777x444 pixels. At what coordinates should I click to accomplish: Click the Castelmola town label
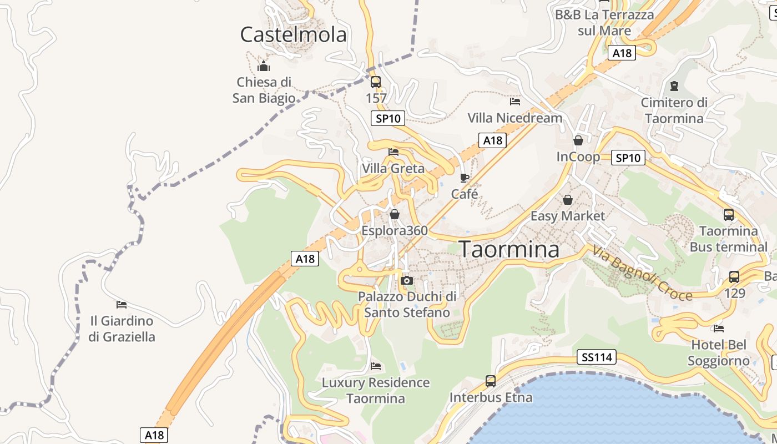(293, 35)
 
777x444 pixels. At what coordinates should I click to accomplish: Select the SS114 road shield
(597, 357)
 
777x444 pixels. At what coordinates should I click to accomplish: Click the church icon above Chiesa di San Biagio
(263, 67)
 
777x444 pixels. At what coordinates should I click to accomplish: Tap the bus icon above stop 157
(376, 82)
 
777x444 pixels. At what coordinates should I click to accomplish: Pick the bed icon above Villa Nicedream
(515, 102)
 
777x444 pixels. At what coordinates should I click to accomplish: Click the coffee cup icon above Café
(465, 178)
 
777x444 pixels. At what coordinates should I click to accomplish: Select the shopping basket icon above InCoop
(578, 140)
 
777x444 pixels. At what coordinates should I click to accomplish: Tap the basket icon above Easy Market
(568, 199)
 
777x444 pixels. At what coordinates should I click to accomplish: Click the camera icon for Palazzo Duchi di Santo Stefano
(407, 280)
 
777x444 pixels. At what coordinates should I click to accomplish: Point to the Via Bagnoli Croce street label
(642, 273)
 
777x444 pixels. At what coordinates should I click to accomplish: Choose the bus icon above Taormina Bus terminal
(728, 215)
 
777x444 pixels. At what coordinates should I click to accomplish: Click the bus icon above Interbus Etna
(491, 381)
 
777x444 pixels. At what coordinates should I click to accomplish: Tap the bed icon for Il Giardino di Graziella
(122, 304)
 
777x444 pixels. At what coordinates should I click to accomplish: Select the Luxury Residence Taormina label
(376, 390)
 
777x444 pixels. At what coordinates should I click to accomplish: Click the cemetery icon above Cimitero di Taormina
(674, 86)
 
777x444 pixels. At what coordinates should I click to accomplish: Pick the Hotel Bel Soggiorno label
(719, 353)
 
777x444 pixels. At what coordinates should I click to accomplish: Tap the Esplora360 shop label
(395, 230)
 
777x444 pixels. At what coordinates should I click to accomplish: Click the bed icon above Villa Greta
(393, 152)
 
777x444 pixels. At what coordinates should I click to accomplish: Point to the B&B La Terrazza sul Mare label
(604, 23)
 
